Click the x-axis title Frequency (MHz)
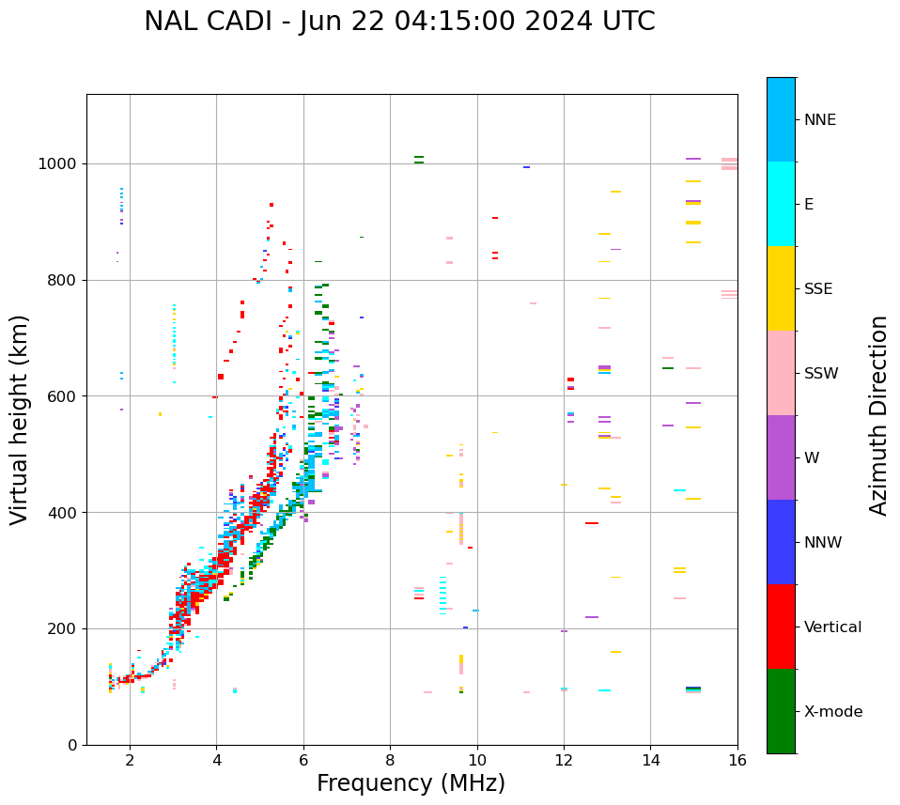411,783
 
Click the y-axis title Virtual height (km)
20,419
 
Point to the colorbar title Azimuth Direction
878,415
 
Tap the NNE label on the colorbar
819,120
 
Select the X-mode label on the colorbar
832,712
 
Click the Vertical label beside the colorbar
832,627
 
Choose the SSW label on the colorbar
821,374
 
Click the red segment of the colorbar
781,627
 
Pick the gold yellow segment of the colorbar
781,288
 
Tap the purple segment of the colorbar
781,457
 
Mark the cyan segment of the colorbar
781,204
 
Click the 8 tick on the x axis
390,759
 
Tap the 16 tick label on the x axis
737,759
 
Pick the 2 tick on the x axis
130,759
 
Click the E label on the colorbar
809,205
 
